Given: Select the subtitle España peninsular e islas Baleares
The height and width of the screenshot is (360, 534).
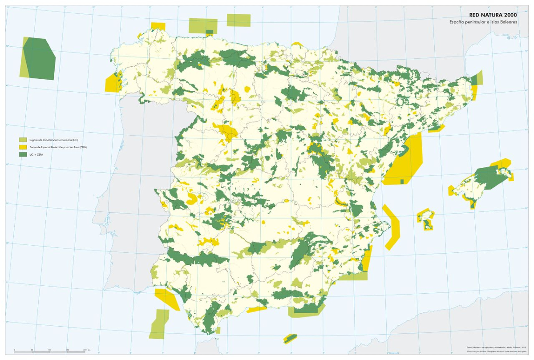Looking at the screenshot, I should [x=483, y=22].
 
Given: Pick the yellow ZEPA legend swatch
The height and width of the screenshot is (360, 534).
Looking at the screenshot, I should [x=21, y=147].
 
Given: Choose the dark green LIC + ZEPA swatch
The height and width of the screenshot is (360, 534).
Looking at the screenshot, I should [x=21, y=154].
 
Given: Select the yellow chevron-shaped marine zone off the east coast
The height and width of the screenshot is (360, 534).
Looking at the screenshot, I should [x=392, y=227].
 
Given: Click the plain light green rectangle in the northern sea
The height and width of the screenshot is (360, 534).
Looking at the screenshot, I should [x=239, y=20].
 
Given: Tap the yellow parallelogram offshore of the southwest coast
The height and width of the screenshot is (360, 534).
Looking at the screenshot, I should [x=167, y=299].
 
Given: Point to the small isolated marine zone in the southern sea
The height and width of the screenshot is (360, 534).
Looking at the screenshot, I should [x=290, y=338].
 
